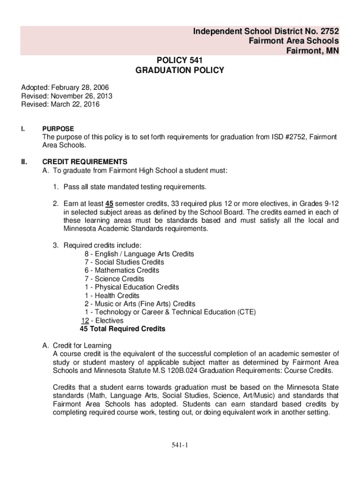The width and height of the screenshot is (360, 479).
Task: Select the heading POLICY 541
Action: (x=180, y=60)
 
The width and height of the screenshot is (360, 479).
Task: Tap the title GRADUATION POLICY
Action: (x=180, y=71)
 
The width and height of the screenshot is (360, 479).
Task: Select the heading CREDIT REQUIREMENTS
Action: (x=85, y=162)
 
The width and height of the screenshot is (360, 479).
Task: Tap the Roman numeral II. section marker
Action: (x=24, y=162)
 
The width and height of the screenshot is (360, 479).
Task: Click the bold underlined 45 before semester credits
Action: (x=109, y=204)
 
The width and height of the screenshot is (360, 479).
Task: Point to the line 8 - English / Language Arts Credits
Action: (x=139, y=254)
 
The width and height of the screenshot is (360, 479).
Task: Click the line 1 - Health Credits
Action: (x=112, y=296)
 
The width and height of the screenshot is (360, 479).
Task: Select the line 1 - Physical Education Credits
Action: (x=132, y=287)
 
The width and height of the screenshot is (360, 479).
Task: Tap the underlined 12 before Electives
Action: (x=85, y=321)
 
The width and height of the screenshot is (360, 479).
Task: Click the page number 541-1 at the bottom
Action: (x=180, y=445)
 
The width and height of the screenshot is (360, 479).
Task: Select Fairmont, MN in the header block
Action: (x=313, y=51)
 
